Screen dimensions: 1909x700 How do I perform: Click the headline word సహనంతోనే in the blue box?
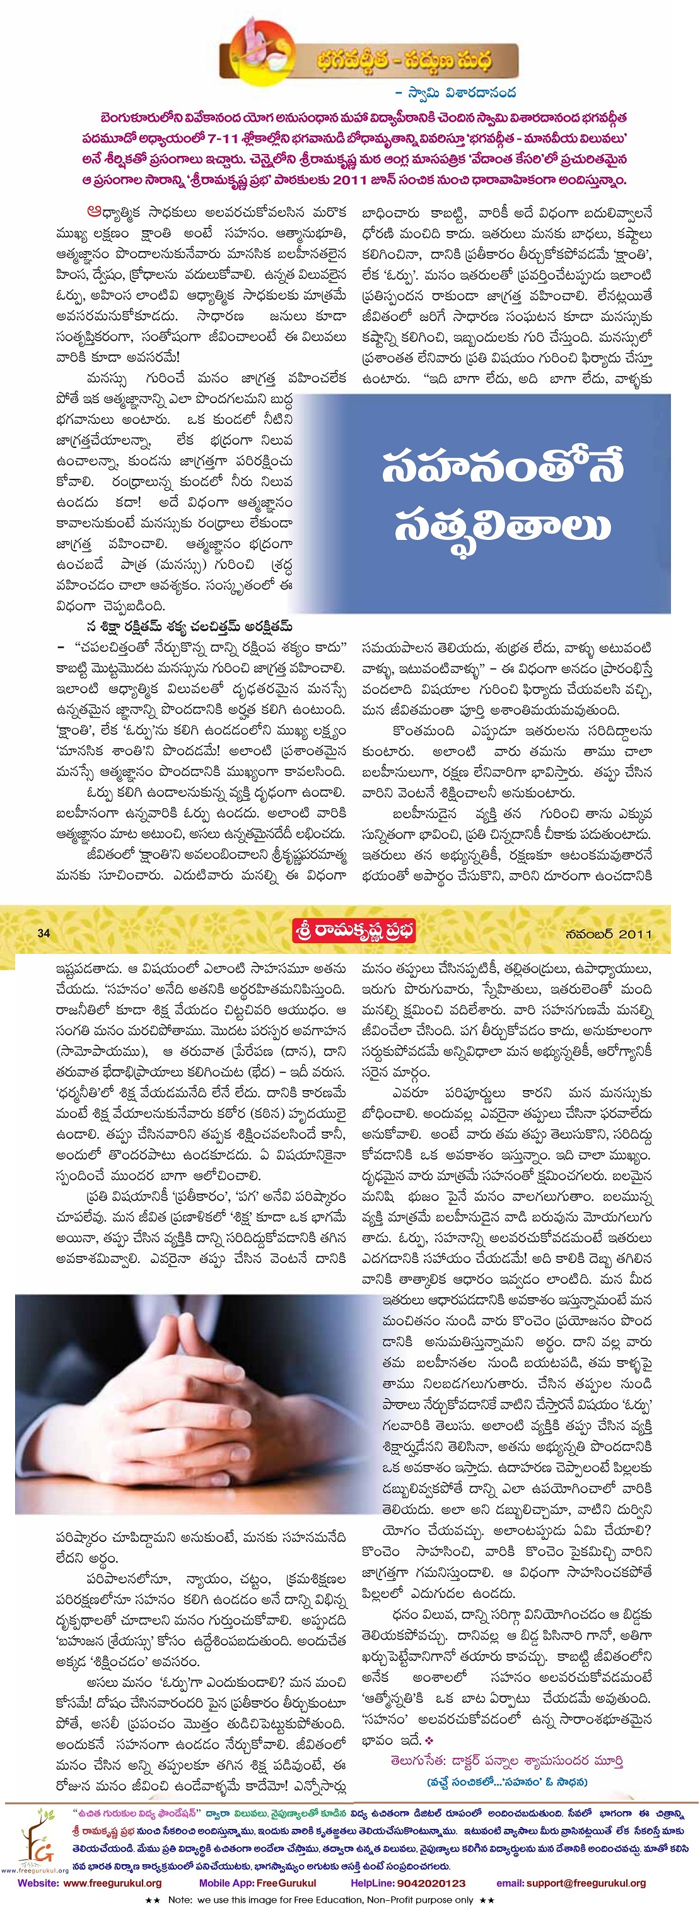click(x=503, y=467)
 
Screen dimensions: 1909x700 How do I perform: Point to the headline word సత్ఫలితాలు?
click(x=503, y=526)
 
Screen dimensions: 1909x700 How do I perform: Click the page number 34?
click(x=44, y=933)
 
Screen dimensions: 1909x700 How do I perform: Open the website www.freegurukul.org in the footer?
click(x=112, y=1883)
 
